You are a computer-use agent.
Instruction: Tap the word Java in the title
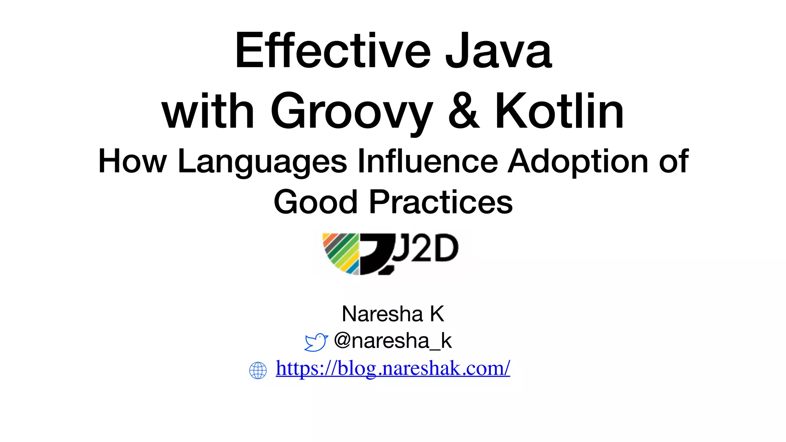(x=499, y=51)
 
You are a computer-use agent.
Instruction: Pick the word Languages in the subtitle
(x=263, y=162)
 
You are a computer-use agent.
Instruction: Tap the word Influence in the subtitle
(x=428, y=161)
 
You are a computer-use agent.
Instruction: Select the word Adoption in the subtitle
(x=579, y=161)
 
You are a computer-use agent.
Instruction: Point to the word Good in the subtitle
(x=315, y=202)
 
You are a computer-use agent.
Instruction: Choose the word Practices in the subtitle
(x=441, y=202)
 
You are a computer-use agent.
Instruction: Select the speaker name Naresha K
(x=393, y=314)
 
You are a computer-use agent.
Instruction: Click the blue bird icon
(x=316, y=342)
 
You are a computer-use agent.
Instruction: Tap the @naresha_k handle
(x=393, y=341)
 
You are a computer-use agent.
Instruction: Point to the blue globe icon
(x=258, y=370)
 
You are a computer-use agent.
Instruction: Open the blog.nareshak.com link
(x=393, y=368)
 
